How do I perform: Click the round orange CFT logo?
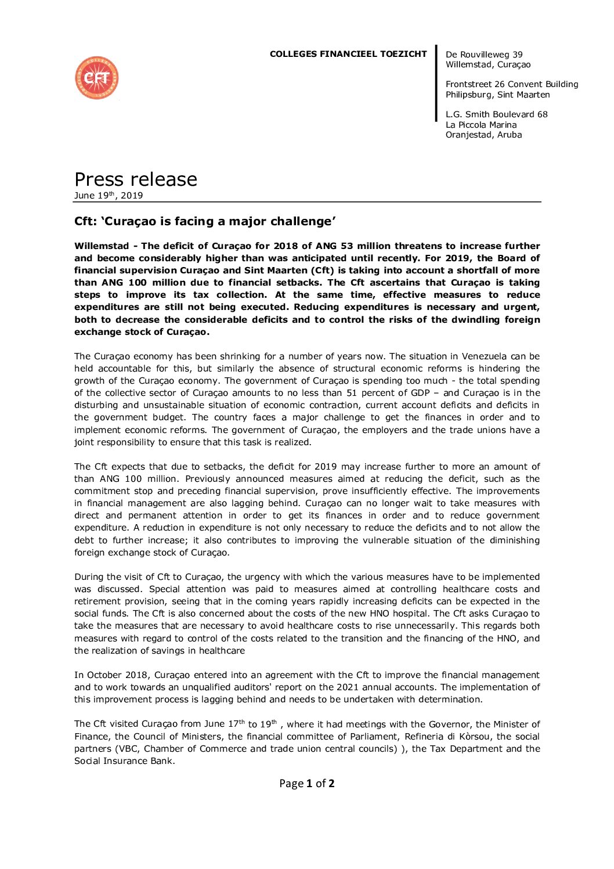click(x=96, y=78)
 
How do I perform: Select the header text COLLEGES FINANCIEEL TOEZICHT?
click(x=348, y=54)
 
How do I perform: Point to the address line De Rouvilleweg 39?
click(x=484, y=55)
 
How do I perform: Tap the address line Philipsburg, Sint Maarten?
click(x=497, y=95)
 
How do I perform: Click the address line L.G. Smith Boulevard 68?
click(x=496, y=114)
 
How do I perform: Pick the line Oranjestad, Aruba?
click(x=483, y=135)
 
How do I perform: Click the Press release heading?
click(x=136, y=179)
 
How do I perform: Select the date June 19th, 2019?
click(x=109, y=196)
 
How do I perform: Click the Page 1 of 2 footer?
click(x=306, y=784)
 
